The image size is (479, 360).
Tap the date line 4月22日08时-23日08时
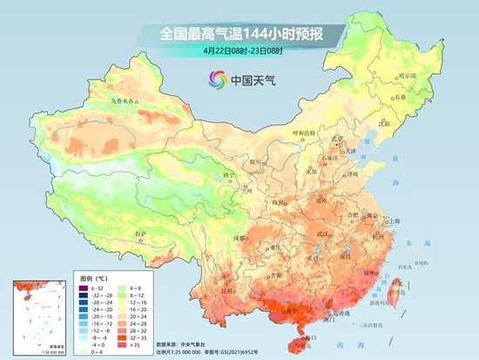[x=241, y=51]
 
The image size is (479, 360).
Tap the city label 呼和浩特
[x=307, y=133]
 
